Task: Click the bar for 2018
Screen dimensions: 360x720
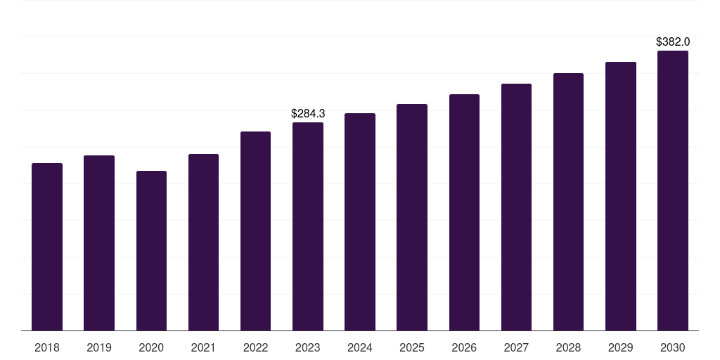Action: [47, 247]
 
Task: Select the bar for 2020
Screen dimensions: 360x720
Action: [151, 251]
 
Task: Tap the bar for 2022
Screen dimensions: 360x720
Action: [255, 231]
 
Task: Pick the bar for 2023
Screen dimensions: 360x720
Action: [308, 226]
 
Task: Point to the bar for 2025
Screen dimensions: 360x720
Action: [412, 217]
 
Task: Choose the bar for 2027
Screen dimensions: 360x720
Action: [516, 207]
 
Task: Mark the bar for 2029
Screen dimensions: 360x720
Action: [621, 196]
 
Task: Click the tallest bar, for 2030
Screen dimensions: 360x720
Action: [673, 191]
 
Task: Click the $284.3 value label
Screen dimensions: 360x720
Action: [308, 113]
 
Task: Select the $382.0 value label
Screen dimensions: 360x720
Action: [673, 41]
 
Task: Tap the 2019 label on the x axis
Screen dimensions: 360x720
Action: [99, 347]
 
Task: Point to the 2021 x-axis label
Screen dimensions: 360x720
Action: [203, 347]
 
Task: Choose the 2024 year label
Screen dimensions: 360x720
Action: [360, 347]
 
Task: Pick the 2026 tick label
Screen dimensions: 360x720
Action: [464, 347]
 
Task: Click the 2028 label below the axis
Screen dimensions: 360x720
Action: [568, 347]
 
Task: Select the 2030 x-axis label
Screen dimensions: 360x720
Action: [673, 347]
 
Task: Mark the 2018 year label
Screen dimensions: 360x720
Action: [47, 347]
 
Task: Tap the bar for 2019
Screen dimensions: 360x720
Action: [99, 243]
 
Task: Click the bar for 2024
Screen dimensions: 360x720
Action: [360, 222]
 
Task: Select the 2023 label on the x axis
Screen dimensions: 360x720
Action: [308, 347]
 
